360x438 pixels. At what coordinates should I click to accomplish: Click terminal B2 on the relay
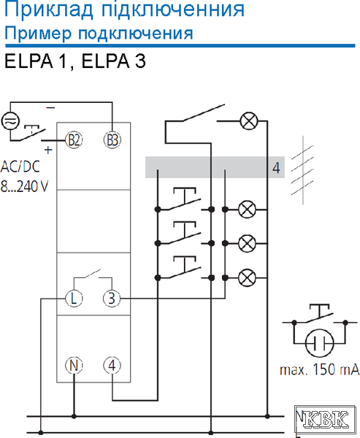74,139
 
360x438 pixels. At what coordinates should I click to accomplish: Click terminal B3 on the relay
112,139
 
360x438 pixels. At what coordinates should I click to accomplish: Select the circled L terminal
74,299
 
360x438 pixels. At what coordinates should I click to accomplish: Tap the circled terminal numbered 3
112,299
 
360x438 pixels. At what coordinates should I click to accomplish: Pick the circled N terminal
74,366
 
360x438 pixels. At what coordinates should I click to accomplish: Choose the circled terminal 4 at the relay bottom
112,366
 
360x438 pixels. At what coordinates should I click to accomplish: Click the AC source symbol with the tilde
10,121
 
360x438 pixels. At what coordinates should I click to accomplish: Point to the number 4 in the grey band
276,168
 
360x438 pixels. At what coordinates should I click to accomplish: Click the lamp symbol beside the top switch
249,121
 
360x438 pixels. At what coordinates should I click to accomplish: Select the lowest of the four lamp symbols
247,278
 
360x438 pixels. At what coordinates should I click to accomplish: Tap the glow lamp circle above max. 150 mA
319,342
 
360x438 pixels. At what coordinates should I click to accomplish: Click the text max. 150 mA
319,369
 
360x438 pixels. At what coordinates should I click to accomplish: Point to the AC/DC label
20,166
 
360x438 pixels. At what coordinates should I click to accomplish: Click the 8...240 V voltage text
24,186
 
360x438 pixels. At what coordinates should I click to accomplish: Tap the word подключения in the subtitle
136,34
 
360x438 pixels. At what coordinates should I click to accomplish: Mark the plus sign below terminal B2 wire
48,150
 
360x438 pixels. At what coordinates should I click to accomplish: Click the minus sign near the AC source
50,107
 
